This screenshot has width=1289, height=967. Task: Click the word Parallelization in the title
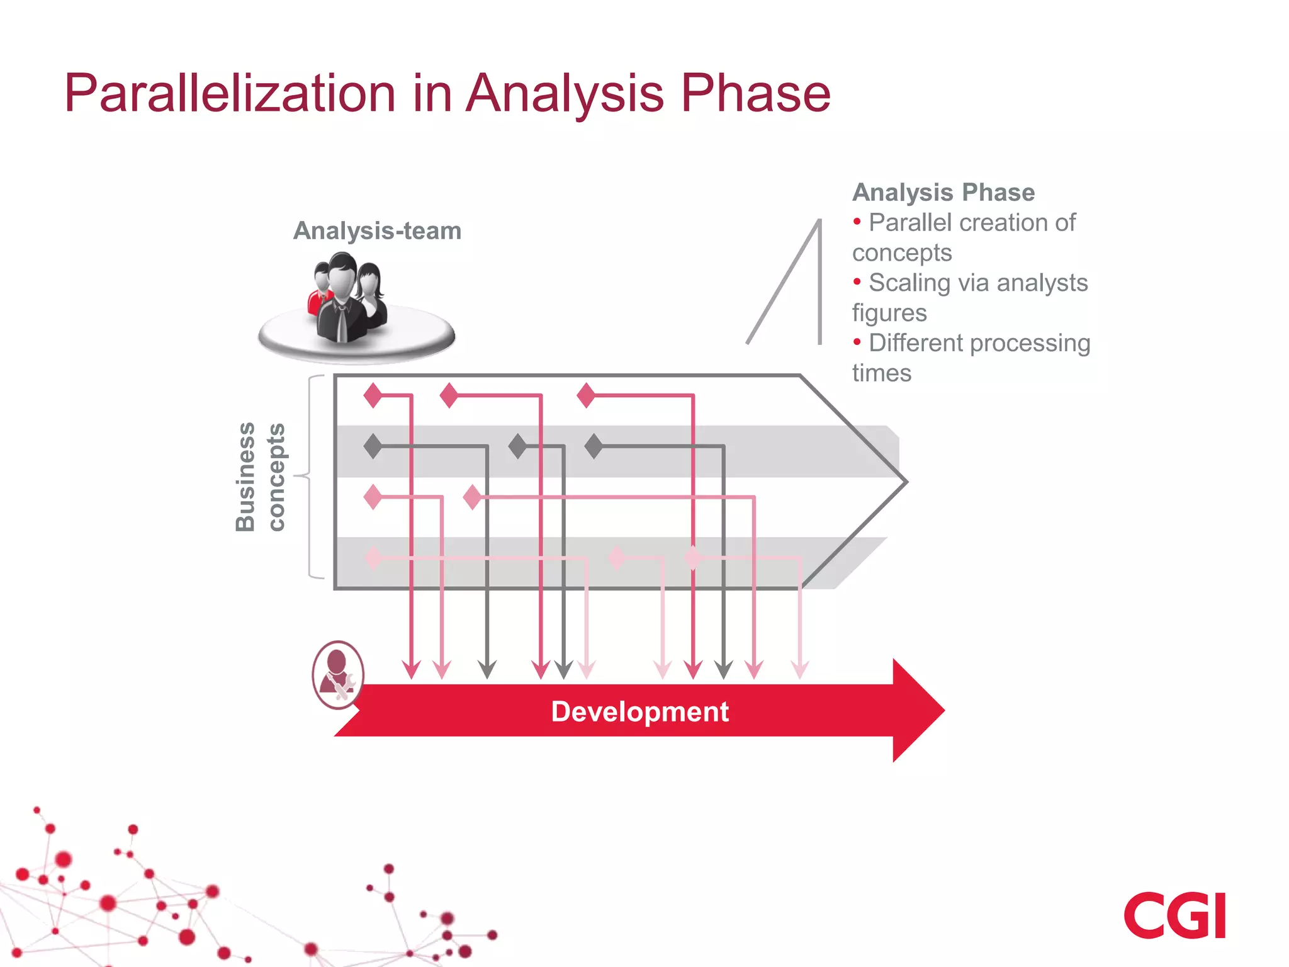click(x=230, y=93)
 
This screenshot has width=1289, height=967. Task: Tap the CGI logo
click(x=1174, y=915)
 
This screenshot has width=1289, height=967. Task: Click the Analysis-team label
click(x=377, y=231)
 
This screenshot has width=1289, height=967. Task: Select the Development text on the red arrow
click(x=639, y=712)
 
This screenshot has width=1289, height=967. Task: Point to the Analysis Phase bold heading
click(x=943, y=193)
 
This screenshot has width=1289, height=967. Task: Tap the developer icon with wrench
click(x=338, y=676)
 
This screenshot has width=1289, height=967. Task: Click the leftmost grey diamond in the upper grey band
click(x=373, y=446)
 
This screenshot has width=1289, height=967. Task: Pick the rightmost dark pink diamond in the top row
click(x=586, y=395)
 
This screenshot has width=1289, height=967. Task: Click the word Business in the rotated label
click(x=245, y=477)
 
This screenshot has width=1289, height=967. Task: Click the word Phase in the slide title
click(x=755, y=93)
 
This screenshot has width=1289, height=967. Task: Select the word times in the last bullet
click(x=881, y=373)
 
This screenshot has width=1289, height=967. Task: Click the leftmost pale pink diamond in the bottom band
click(x=373, y=558)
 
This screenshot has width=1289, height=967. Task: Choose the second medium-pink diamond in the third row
click(x=472, y=497)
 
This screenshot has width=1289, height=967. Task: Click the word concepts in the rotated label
click(x=276, y=477)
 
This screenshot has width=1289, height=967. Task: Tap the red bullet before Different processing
click(x=857, y=342)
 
